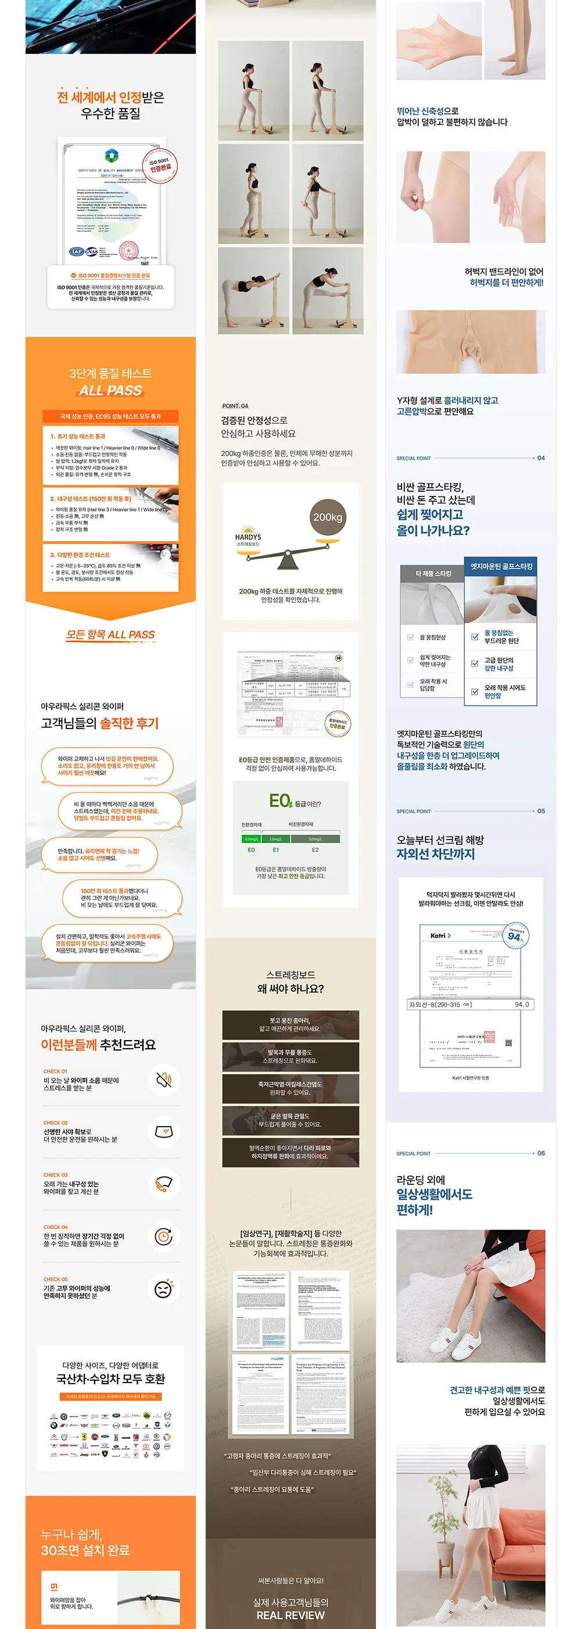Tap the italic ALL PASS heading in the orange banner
click(110, 390)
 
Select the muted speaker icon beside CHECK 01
click(164, 1080)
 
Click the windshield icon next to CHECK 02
click(164, 1131)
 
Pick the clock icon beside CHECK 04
click(164, 1235)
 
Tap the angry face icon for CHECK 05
click(164, 1288)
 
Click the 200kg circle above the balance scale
click(328, 517)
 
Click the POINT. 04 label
click(235, 406)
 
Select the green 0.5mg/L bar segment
click(252, 838)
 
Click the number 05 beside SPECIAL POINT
click(540, 810)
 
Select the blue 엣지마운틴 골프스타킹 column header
click(501, 566)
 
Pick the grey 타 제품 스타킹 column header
click(433, 574)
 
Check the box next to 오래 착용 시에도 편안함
click(475, 691)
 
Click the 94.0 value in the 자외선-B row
click(522, 1004)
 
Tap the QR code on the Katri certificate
click(508, 1043)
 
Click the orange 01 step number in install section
click(53, 1586)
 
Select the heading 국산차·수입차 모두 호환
click(110, 1378)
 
